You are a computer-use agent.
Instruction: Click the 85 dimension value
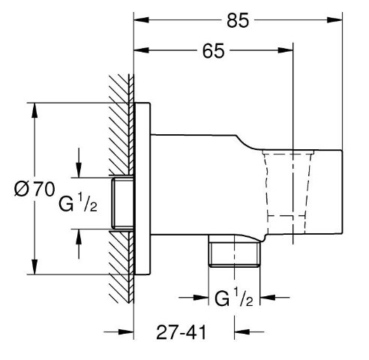point(238,20)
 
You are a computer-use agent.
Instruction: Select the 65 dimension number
point(214,51)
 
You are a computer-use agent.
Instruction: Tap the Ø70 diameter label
point(34,189)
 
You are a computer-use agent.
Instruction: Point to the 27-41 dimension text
point(181,332)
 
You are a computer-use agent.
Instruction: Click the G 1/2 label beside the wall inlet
point(78,202)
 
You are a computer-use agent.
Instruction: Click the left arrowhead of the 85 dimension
point(142,19)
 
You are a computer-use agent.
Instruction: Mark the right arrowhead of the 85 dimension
point(334,19)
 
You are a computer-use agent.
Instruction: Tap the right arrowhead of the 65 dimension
point(285,50)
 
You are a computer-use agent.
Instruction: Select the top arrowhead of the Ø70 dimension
point(34,110)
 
